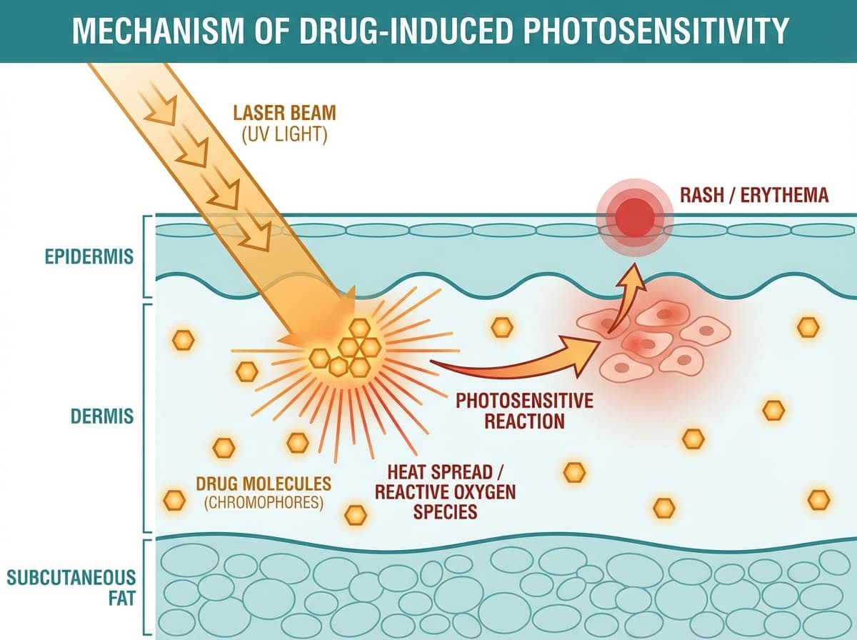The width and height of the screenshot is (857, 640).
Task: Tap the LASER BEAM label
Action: pyautogui.click(x=283, y=113)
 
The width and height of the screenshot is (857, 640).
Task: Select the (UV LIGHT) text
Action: pyautogui.click(x=284, y=134)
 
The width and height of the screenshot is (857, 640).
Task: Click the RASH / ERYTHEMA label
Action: pyautogui.click(x=754, y=195)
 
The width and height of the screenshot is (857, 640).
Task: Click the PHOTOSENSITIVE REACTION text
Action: pyautogui.click(x=524, y=410)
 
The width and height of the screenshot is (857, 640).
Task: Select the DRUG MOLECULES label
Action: pyautogui.click(x=264, y=483)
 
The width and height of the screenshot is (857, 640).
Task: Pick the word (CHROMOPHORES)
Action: pyautogui.click(x=264, y=502)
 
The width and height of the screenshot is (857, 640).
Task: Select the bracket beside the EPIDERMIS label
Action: pyautogui.click(x=149, y=256)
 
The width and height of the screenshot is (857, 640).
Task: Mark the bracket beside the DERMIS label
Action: pyautogui.click(x=149, y=418)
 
